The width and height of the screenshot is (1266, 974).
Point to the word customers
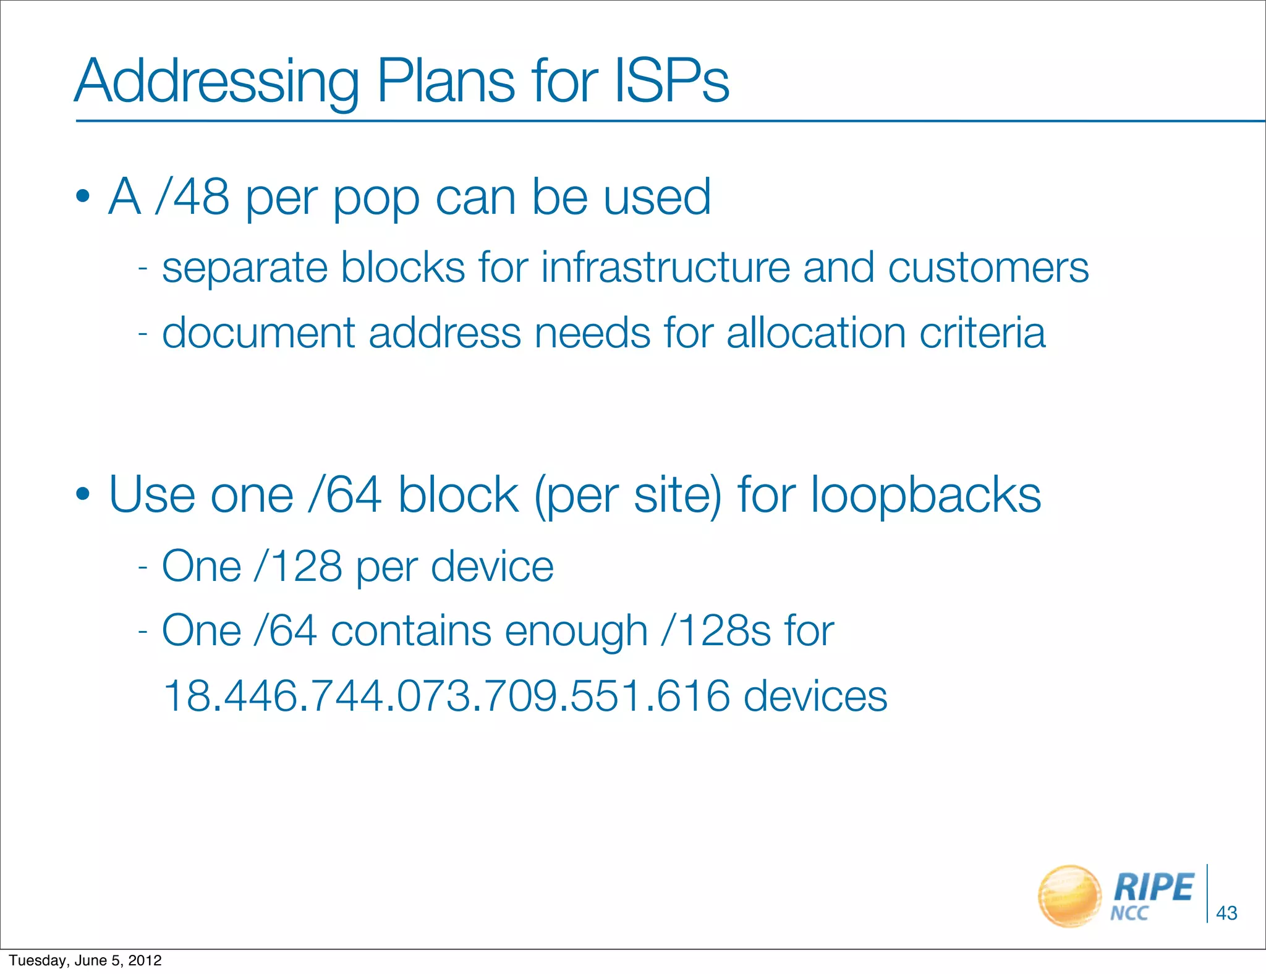(988, 268)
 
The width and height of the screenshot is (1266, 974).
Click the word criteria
(982, 333)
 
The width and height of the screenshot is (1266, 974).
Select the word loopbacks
(925, 496)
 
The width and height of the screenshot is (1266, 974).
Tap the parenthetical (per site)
(628, 496)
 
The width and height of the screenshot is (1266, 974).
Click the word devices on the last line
(815, 696)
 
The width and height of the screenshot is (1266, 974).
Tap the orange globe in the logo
(1069, 896)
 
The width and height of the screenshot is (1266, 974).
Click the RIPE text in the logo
(1153, 887)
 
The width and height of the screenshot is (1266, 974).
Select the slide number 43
(1226, 913)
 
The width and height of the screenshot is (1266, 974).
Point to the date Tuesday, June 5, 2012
(85, 960)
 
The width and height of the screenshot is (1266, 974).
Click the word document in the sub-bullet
(258, 333)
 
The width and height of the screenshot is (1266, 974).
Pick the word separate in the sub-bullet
(244, 269)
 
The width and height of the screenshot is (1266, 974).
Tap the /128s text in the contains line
(716, 631)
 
